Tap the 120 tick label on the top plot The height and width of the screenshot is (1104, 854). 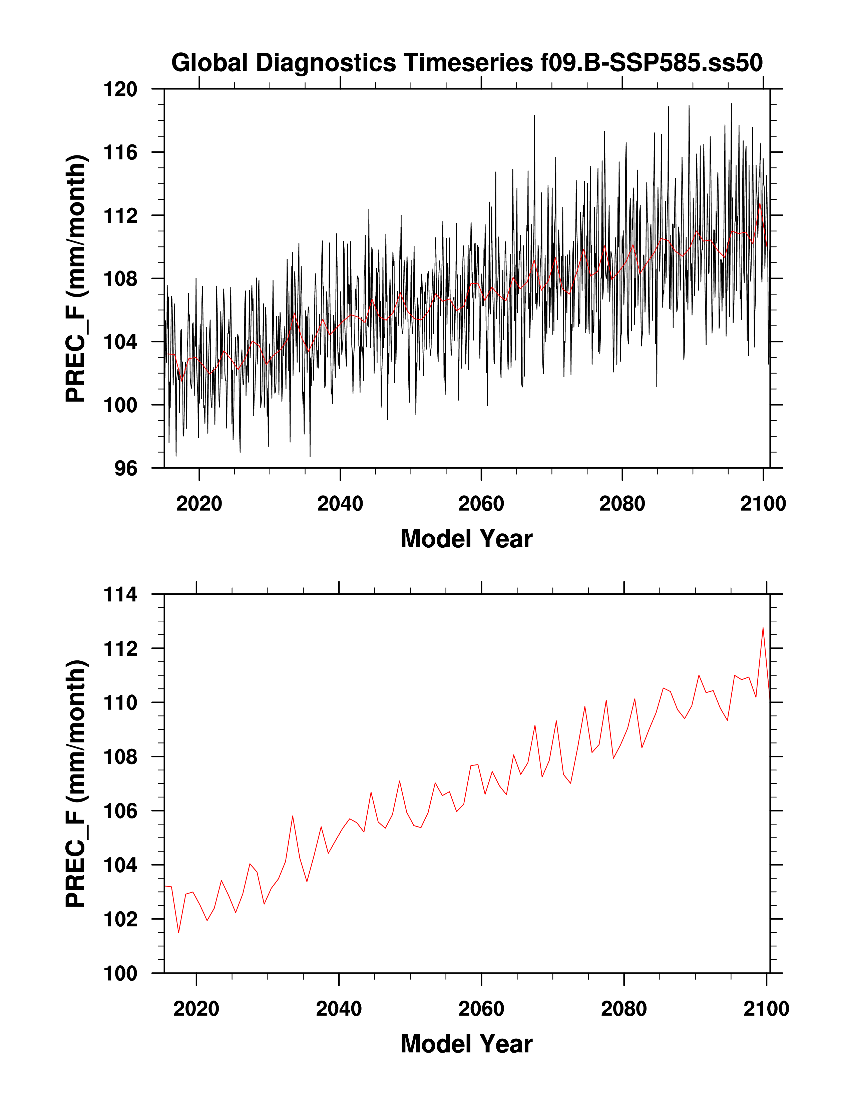coord(120,89)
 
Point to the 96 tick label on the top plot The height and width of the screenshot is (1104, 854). coord(125,469)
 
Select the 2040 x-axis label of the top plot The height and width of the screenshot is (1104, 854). coord(340,504)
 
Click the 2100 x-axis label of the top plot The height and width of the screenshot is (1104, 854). coord(763,504)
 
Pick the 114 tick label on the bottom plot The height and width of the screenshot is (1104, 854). coord(120,595)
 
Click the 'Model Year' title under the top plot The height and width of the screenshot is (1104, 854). coord(466,539)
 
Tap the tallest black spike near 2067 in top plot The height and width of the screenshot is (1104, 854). coord(534,116)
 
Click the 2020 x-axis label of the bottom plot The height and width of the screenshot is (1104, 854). coord(196,1009)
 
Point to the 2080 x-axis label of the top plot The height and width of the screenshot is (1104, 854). coord(622,504)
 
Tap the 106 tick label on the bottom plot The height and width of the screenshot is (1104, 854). coord(120,811)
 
